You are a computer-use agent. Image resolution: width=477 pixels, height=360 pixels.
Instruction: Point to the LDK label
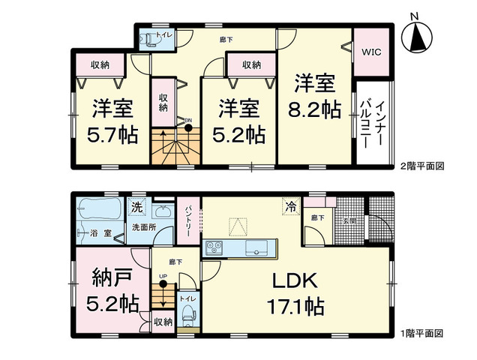(x=297, y=283)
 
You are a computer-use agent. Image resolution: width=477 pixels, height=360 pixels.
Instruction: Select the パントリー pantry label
(x=189, y=218)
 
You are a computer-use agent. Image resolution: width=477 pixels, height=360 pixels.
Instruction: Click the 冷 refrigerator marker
(x=288, y=204)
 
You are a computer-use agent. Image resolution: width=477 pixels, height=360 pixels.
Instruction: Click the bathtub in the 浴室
(x=97, y=206)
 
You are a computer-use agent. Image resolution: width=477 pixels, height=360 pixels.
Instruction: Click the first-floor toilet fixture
(x=188, y=307)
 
